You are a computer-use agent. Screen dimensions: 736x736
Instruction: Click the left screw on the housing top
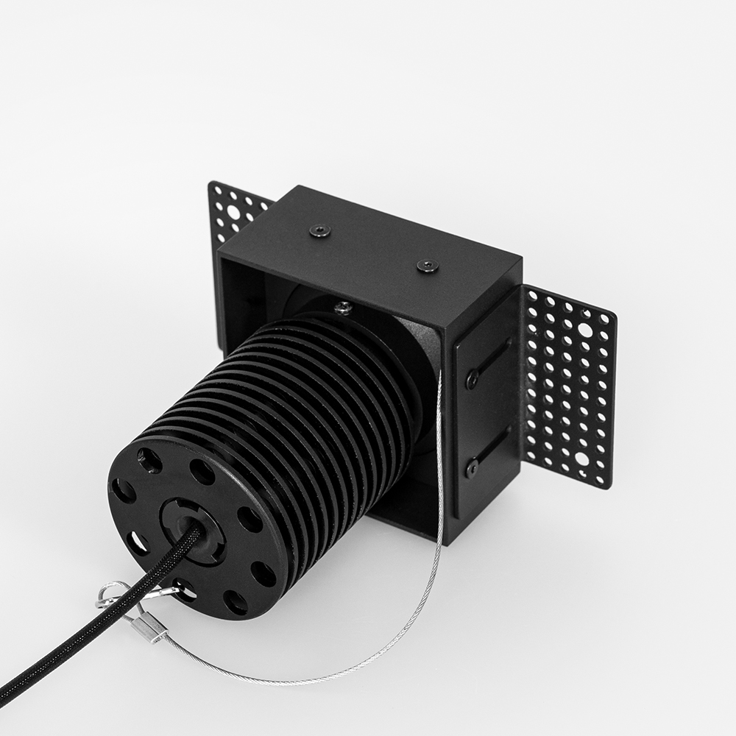pos(319,231)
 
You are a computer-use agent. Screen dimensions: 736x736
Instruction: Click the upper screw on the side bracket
pos(472,380)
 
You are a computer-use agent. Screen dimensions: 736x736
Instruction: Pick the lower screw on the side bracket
pos(472,466)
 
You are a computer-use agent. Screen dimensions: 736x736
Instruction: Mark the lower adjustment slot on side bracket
pos(491,450)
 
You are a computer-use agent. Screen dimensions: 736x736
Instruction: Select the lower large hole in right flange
pos(582,458)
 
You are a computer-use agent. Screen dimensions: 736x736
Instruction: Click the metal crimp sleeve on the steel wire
pos(151,627)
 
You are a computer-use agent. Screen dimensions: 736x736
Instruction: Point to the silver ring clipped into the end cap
pos(110,593)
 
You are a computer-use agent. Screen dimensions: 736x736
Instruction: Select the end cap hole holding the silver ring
pos(182,590)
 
